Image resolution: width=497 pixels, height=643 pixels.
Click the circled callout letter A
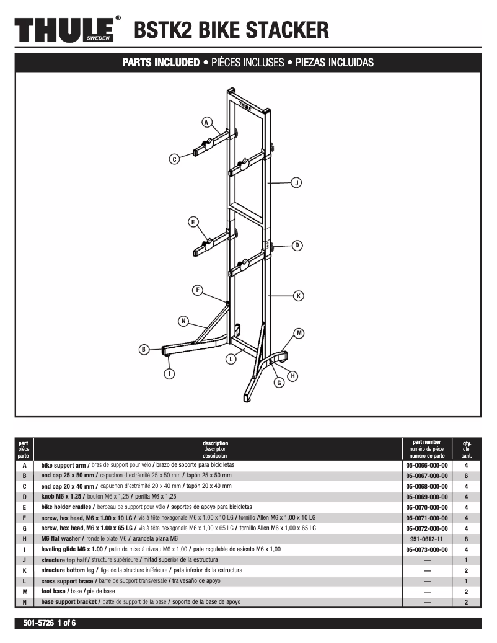[207, 122]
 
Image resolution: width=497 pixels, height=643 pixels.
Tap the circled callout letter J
[296, 183]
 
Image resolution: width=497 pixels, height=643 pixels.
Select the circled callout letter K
[298, 296]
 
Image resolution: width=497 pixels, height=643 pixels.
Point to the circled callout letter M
[299, 334]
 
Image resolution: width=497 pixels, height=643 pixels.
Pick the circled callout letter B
[143, 349]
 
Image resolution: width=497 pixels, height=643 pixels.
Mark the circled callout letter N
[183, 321]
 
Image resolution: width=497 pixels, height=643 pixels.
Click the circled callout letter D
[297, 246]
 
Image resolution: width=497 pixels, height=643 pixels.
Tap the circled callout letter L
[231, 358]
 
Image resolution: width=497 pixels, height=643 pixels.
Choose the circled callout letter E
[193, 221]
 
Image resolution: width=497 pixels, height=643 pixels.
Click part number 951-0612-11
[426, 539]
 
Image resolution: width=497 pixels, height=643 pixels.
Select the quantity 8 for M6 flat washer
[466, 539]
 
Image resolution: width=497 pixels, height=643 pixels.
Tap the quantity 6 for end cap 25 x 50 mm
[466, 476]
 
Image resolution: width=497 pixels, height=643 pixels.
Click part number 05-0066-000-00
[426, 465]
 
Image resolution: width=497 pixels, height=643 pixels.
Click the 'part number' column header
[426, 442]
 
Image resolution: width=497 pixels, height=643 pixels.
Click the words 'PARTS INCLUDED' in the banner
[161, 63]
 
